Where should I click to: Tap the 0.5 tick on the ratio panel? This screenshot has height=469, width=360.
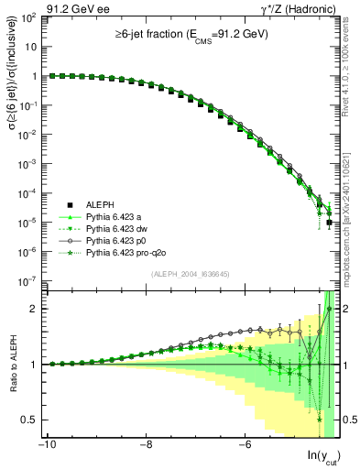point(29,420)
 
